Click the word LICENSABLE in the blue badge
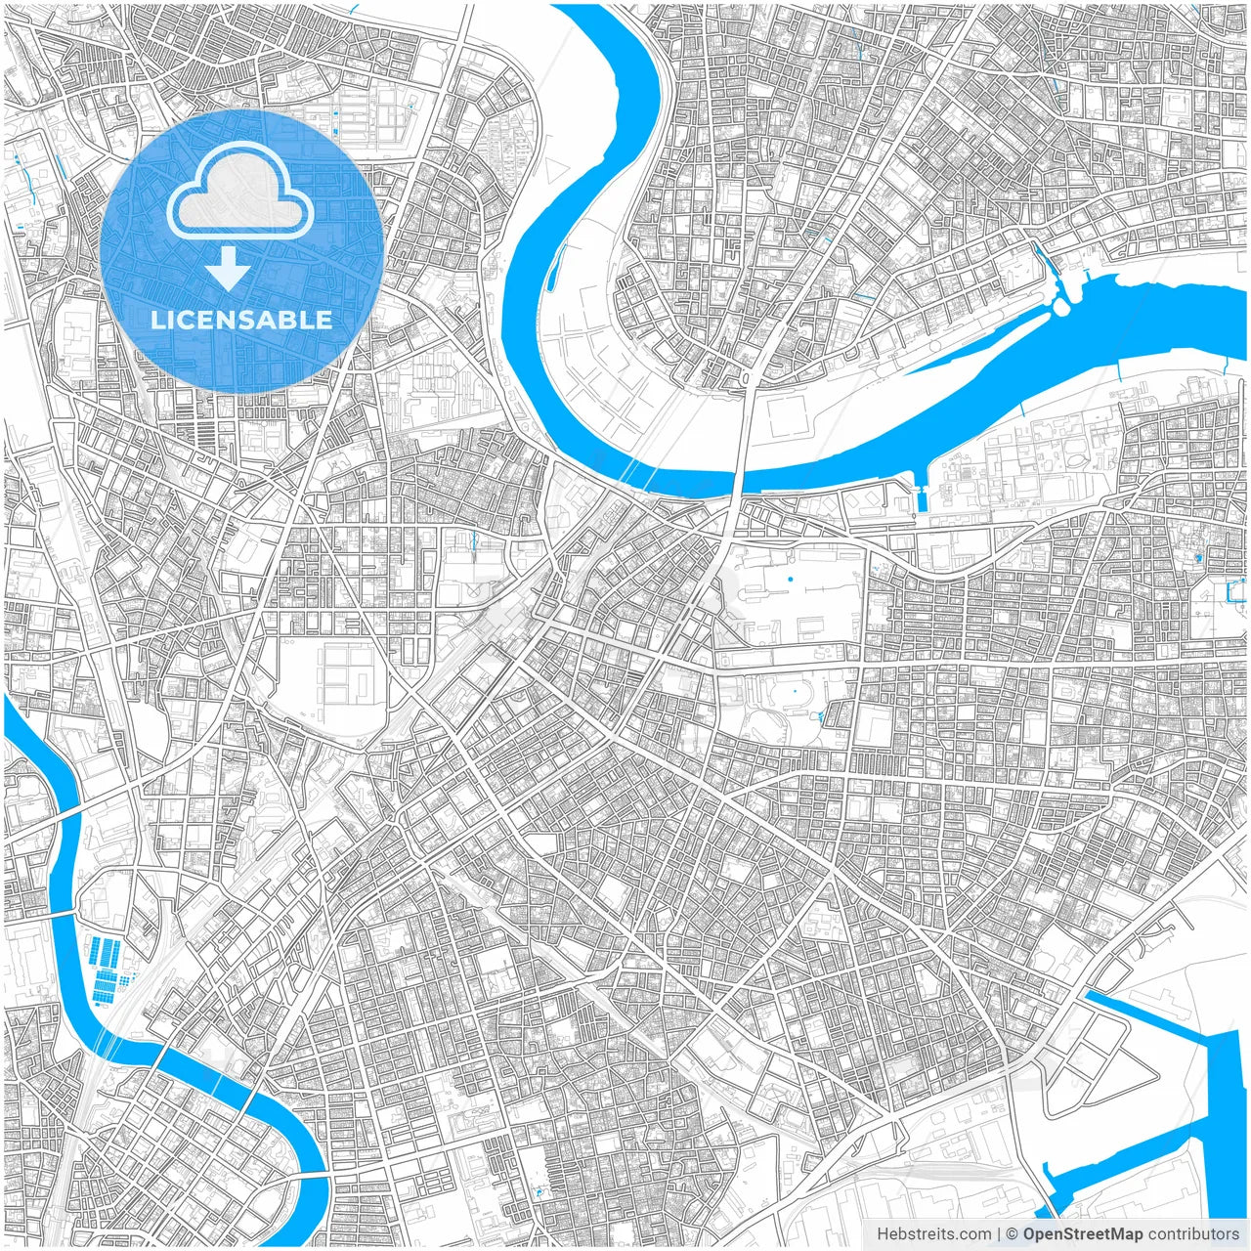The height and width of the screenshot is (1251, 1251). coord(241,320)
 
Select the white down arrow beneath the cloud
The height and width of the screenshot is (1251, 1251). coord(228,268)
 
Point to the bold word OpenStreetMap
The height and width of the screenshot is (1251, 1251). coord(1082,1234)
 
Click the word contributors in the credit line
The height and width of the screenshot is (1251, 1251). coord(1193,1234)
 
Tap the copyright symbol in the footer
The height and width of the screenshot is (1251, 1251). coord(1013,1234)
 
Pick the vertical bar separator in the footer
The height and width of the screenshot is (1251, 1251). coord(999,1234)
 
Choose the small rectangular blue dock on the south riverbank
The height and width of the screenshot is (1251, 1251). coord(920,498)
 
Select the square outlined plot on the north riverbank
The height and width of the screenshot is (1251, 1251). coord(790,418)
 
